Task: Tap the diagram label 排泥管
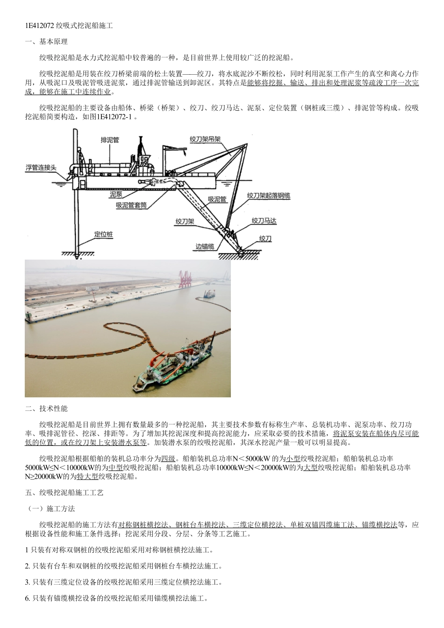110,139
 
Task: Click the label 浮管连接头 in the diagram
41,167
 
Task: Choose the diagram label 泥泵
115,194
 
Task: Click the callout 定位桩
104,234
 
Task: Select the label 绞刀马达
265,220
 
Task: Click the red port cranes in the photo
186,277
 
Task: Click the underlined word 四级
168,458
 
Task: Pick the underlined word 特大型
87,476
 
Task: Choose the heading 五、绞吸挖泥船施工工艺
64,492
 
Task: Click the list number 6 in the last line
27,598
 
